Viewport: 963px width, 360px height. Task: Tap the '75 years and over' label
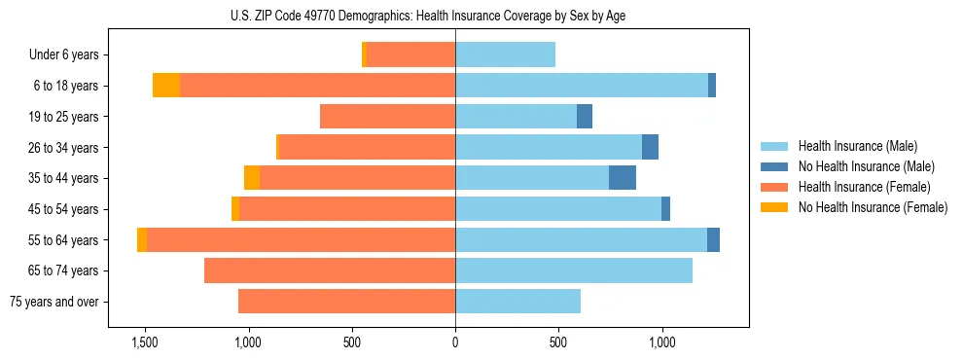tap(54, 302)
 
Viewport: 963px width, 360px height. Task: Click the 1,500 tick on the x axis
tap(145, 342)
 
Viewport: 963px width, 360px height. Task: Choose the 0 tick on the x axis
tap(455, 342)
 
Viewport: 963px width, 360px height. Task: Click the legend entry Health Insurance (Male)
tap(857, 146)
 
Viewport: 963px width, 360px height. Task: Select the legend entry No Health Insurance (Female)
tap(873, 207)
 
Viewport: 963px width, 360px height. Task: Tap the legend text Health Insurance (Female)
tap(865, 187)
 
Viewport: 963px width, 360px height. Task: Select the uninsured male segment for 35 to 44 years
tap(623, 178)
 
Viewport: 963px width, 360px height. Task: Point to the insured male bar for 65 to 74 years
tap(574, 270)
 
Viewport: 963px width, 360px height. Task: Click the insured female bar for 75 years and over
tap(346, 302)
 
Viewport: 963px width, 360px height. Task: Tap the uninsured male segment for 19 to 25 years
tap(585, 117)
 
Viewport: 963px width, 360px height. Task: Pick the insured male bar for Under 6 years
tap(505, 55)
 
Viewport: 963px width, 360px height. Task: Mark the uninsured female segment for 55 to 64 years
tap(142, 239)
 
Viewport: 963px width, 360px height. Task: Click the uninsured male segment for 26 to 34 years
tap(651, 147)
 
